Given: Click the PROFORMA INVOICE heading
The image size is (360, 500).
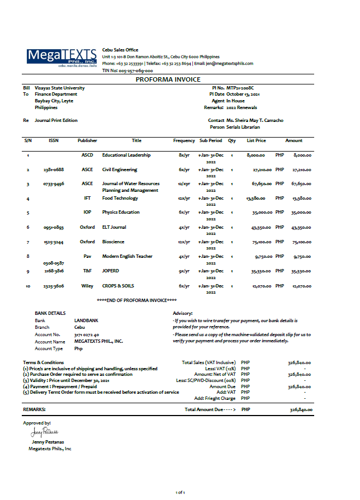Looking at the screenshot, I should click(168, 79).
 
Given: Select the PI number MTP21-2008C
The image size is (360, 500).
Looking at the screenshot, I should click(244, 88).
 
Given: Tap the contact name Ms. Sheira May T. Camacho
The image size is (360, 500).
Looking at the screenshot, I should click(254, 120).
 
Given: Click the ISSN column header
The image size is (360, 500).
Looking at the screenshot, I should click(53, 141).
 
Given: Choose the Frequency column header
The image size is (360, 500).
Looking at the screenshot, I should click(184, 141).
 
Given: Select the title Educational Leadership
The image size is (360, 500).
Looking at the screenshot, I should click(126, 155).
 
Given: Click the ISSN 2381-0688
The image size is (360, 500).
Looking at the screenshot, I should click(54, 169).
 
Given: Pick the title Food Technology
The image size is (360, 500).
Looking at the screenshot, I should click(120, 198).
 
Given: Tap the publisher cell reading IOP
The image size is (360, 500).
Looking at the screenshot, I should click(87, 213).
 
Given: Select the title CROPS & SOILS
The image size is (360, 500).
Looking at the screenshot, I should click(118, 286).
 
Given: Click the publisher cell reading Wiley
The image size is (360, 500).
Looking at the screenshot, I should click(87, 286).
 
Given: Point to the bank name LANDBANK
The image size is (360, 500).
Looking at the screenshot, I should click(86, 320).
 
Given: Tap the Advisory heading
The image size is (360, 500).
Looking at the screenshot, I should click(183, 313).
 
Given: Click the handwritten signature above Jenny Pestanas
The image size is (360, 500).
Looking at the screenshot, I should click(45, 432).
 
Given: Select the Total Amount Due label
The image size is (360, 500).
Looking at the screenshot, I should click(210, 410).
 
